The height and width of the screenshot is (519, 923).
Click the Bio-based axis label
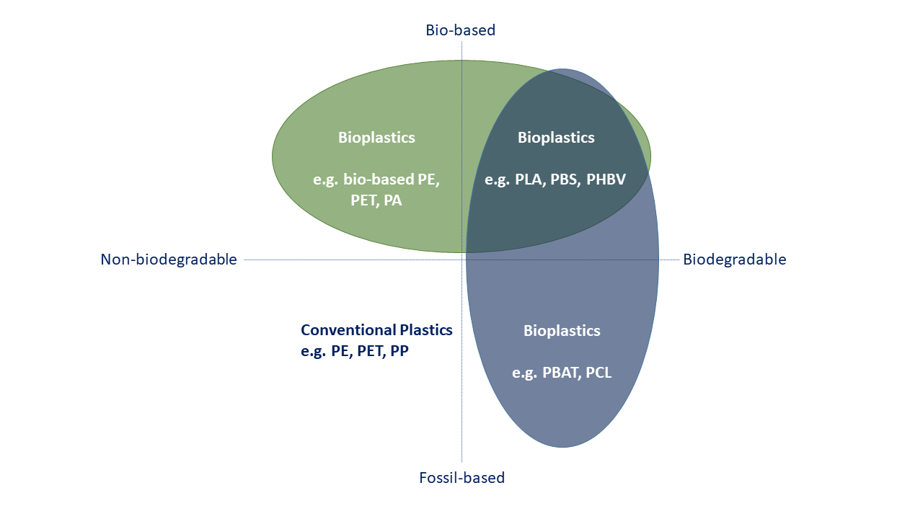point(461,30)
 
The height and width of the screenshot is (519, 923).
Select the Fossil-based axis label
point(461,477)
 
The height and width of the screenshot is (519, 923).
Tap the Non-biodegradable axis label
point(169,259)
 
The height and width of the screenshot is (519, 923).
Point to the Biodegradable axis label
point(734,259)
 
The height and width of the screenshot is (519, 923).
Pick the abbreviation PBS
point(565,179)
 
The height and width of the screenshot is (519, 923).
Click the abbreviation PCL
point(599,373)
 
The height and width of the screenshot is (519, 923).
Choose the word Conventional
point(348,330)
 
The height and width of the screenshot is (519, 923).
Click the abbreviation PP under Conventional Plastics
point(399,352)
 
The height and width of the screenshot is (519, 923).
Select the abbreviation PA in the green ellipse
point(392,201)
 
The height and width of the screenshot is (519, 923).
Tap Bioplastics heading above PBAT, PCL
point(562,331)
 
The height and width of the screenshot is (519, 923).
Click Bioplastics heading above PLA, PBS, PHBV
point(556,137)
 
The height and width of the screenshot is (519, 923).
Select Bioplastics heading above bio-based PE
point(376,137)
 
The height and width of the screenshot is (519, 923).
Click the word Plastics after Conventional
point(425,330)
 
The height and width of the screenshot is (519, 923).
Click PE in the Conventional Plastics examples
point(340,352)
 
